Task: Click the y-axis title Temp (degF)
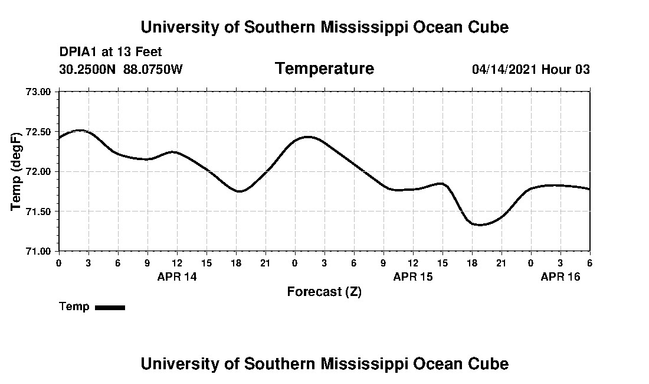pos(17,171)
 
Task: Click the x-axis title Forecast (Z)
pos(324,291)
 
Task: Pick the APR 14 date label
pos(177,276)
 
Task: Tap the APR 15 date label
pos(413,276)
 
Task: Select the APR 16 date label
pos(560,276)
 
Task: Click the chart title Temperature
pos(324,69)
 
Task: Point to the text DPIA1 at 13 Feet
pos(110,52)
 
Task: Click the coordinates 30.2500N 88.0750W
pos(121,69)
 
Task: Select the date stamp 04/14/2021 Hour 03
pos(530,69)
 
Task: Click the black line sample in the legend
pos(110,307)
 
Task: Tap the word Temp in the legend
pos(74,307)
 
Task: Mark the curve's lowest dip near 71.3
pos(479,224)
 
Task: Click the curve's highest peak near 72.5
pos(80,130)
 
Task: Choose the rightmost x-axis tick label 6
pos(589,263)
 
